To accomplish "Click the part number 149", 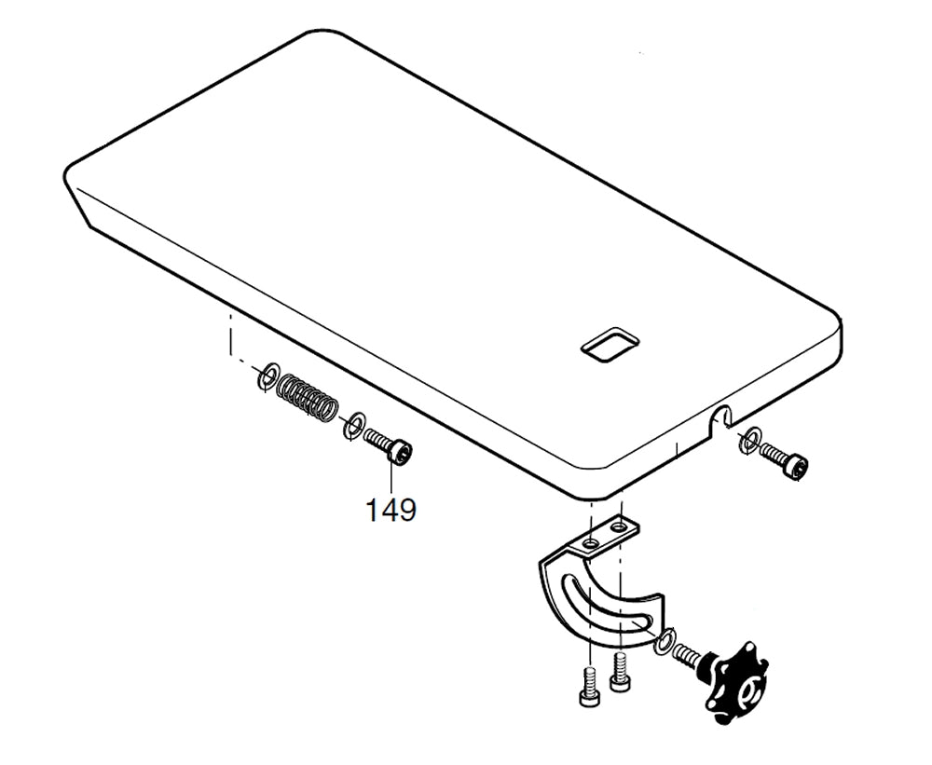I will coord(391,510).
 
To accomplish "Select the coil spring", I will coord(308,397).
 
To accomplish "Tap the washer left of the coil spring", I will coord(267,377).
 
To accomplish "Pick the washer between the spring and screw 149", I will coord(353,426).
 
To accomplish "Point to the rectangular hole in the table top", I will coord(610,345).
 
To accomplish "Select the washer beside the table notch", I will coord(749,440).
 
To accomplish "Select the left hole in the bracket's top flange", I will coord(590,541).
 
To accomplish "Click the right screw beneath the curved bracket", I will coord(620,674).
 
